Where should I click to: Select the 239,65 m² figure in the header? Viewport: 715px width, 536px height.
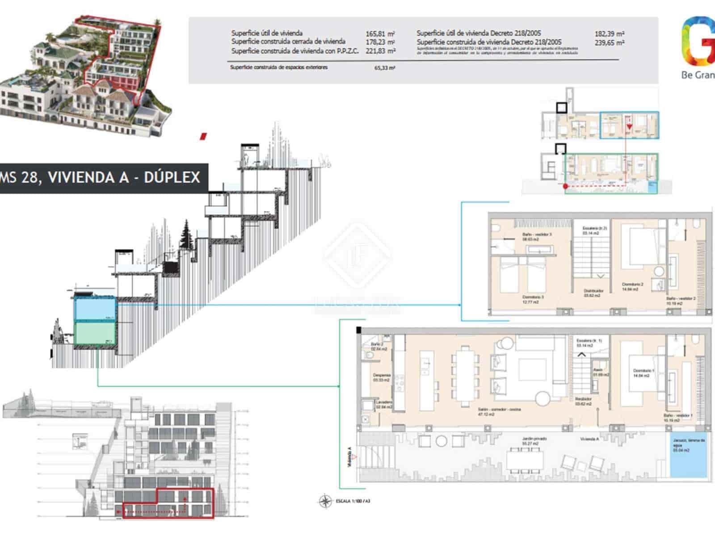click(609, 43)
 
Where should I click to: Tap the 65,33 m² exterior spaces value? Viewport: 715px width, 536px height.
click(384, 68)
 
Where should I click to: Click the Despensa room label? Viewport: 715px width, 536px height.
click(382, 375)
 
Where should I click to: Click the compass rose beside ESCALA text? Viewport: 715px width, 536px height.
click(325, 501)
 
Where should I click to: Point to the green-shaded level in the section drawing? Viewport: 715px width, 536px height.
click(95, 333)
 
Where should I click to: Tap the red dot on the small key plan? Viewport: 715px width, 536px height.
click(565, 186)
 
